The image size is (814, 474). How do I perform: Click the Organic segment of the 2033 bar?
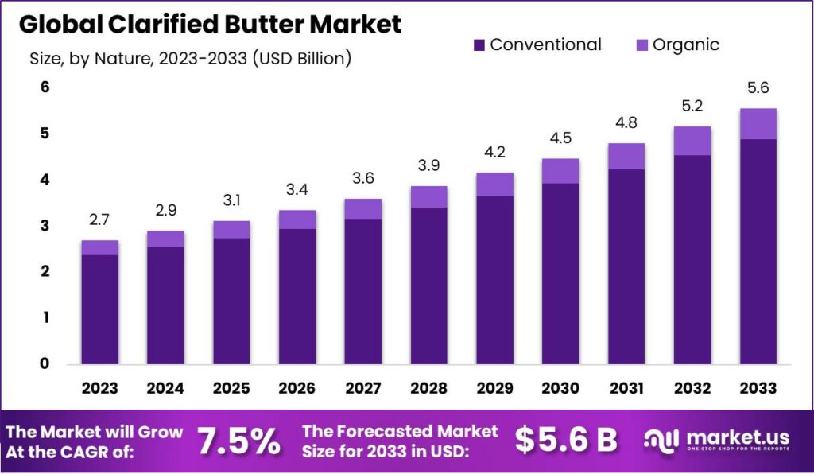[x=758, y=124]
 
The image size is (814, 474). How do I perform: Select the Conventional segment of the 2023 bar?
[x=99, y=309]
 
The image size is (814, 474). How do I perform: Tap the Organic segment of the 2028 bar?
[x=428, y=196]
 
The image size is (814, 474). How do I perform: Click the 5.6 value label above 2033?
[x=758, y=88]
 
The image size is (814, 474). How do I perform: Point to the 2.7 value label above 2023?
[x=99, y=220]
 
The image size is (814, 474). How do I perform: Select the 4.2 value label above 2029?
[x=494, y=152]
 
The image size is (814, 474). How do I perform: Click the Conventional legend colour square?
[x=479, y=45]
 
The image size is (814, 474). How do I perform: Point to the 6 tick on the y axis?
[x=45, y=87]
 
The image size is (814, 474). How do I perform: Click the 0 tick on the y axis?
[x=45, y=364]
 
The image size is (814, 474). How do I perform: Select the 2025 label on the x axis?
[x=231, y=388]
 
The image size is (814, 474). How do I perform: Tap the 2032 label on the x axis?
[x=692, y=388]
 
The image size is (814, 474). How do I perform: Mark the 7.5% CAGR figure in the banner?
[x=238, y=441]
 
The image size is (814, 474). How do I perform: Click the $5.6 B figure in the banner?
[x=566, y=440]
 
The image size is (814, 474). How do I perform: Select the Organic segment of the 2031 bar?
[x=626, y=157]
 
